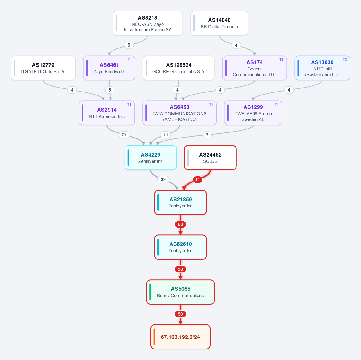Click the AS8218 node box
(x=148, y=23)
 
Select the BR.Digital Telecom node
(x=219, y=23)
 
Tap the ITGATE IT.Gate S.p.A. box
(x=43, y=68)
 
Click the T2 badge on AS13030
(x=344, y=60)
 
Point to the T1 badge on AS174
(x=281, y=60)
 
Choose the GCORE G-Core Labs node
(x=179, y=68)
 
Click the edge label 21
(x=124, y=135)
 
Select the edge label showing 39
(x=163, y=180)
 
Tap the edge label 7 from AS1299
(x=207, y=135)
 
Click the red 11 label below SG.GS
(x=197, y=180)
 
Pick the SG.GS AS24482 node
(x=210, y=158)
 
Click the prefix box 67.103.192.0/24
(x=180, y=337)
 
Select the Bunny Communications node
(x=180, y=292)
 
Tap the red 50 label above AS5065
(x=180, y=269)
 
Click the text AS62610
(x=180, y=244)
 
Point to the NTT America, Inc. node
(x=107, y=113)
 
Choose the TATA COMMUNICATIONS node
(x=180, y=113)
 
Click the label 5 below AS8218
(x=129, y=45)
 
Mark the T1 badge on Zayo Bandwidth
(x=130, y=60)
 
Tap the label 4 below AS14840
(x=236, y=45)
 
